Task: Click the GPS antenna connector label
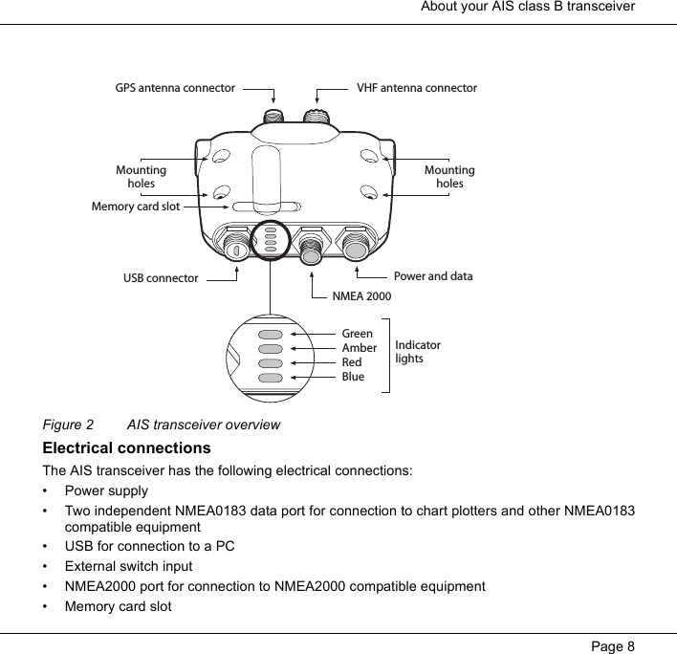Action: [x=175, y=88]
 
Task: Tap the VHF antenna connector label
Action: [x=416, y=88]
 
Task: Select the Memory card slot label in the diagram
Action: [x=135, y=206]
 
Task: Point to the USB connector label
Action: [x=161, y=279]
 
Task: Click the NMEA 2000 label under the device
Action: [x=361, y=296]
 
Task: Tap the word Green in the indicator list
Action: [x=357, y=334]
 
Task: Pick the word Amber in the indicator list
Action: [x=359, y=348]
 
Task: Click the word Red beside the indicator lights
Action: [x=351, y=362]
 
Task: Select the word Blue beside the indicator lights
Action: [x=353, y=377]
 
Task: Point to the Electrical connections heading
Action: [x=126, y=448]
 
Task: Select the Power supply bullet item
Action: [x=106, y=490]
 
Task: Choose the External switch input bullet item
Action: [x=128, y=566]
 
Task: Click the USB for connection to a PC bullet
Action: [x=149, y=546]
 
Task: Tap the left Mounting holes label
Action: [x=141, y=177]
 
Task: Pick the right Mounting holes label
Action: [x=449, y=177]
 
